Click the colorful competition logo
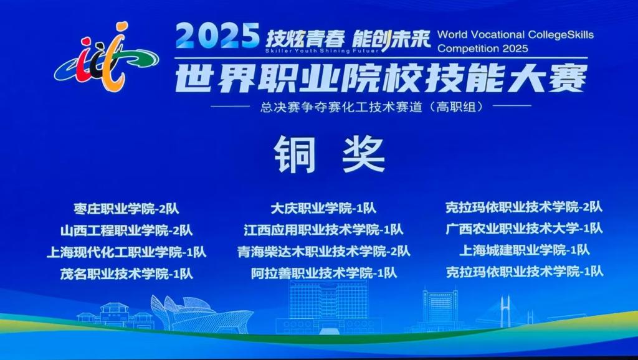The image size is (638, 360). click(x=107, y=57)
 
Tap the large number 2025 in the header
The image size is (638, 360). click(x=217, y=36)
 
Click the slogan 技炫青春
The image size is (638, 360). click(x=305, y=39)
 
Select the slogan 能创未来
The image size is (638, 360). click(x=391, y=39)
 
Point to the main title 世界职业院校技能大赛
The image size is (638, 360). click(x=381, y=78)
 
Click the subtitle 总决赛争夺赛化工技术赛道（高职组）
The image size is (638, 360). click(x=372, y=107)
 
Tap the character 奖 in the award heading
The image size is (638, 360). click(x=364, y=154)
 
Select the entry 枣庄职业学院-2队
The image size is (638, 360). click(x=126, y=209)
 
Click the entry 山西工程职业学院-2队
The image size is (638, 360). click(x=126, y=230)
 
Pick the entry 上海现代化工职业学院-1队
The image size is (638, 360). click(x=126, y=252)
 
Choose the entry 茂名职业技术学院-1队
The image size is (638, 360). click(x=126, y=274)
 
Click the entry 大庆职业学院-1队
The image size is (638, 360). click(x=323, y=208)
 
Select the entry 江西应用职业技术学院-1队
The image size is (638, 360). click(x=323, y=230)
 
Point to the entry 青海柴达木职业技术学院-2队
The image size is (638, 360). click(x=323, y=252)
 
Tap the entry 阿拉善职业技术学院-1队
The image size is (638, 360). click(x=323, y=273)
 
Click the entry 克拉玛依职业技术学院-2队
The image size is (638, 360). click(x=524, y=207)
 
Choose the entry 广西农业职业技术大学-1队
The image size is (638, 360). click(x=524, y=229)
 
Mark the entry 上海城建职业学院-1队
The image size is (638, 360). click(x=524, y=250)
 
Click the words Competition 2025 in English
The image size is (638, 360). click(x=483, y=49)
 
